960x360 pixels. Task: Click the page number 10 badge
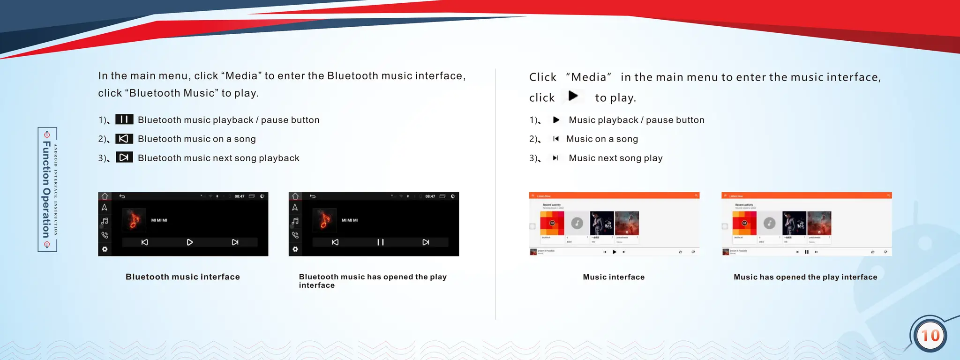(930, 336)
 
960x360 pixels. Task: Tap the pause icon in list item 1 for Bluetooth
(124, 120)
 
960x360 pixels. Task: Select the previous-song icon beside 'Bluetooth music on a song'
(124, 139)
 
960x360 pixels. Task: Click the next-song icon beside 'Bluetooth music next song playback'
(124, 157)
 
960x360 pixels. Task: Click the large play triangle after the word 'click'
(573, 96)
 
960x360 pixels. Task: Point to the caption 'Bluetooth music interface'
(182, 277)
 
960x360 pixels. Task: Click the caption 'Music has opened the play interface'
(805, 277)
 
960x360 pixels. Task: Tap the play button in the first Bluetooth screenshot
(190, 242)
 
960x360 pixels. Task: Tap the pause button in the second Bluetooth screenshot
(380, 242)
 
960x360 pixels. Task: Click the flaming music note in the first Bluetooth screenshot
(134, 220)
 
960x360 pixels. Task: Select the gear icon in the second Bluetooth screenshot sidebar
(295, 249)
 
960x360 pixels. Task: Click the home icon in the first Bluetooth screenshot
(105, 196)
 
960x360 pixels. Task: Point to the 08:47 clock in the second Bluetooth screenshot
(430, 196)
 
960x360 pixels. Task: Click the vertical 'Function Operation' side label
(46, 189)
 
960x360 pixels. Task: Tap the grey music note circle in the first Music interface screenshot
(577, 223)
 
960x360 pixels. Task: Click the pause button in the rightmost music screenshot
(807, 252)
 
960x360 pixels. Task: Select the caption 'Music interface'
(614, 277)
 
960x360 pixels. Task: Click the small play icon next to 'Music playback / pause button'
(556, 120)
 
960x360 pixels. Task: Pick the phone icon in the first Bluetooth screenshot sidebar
(105, 235)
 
